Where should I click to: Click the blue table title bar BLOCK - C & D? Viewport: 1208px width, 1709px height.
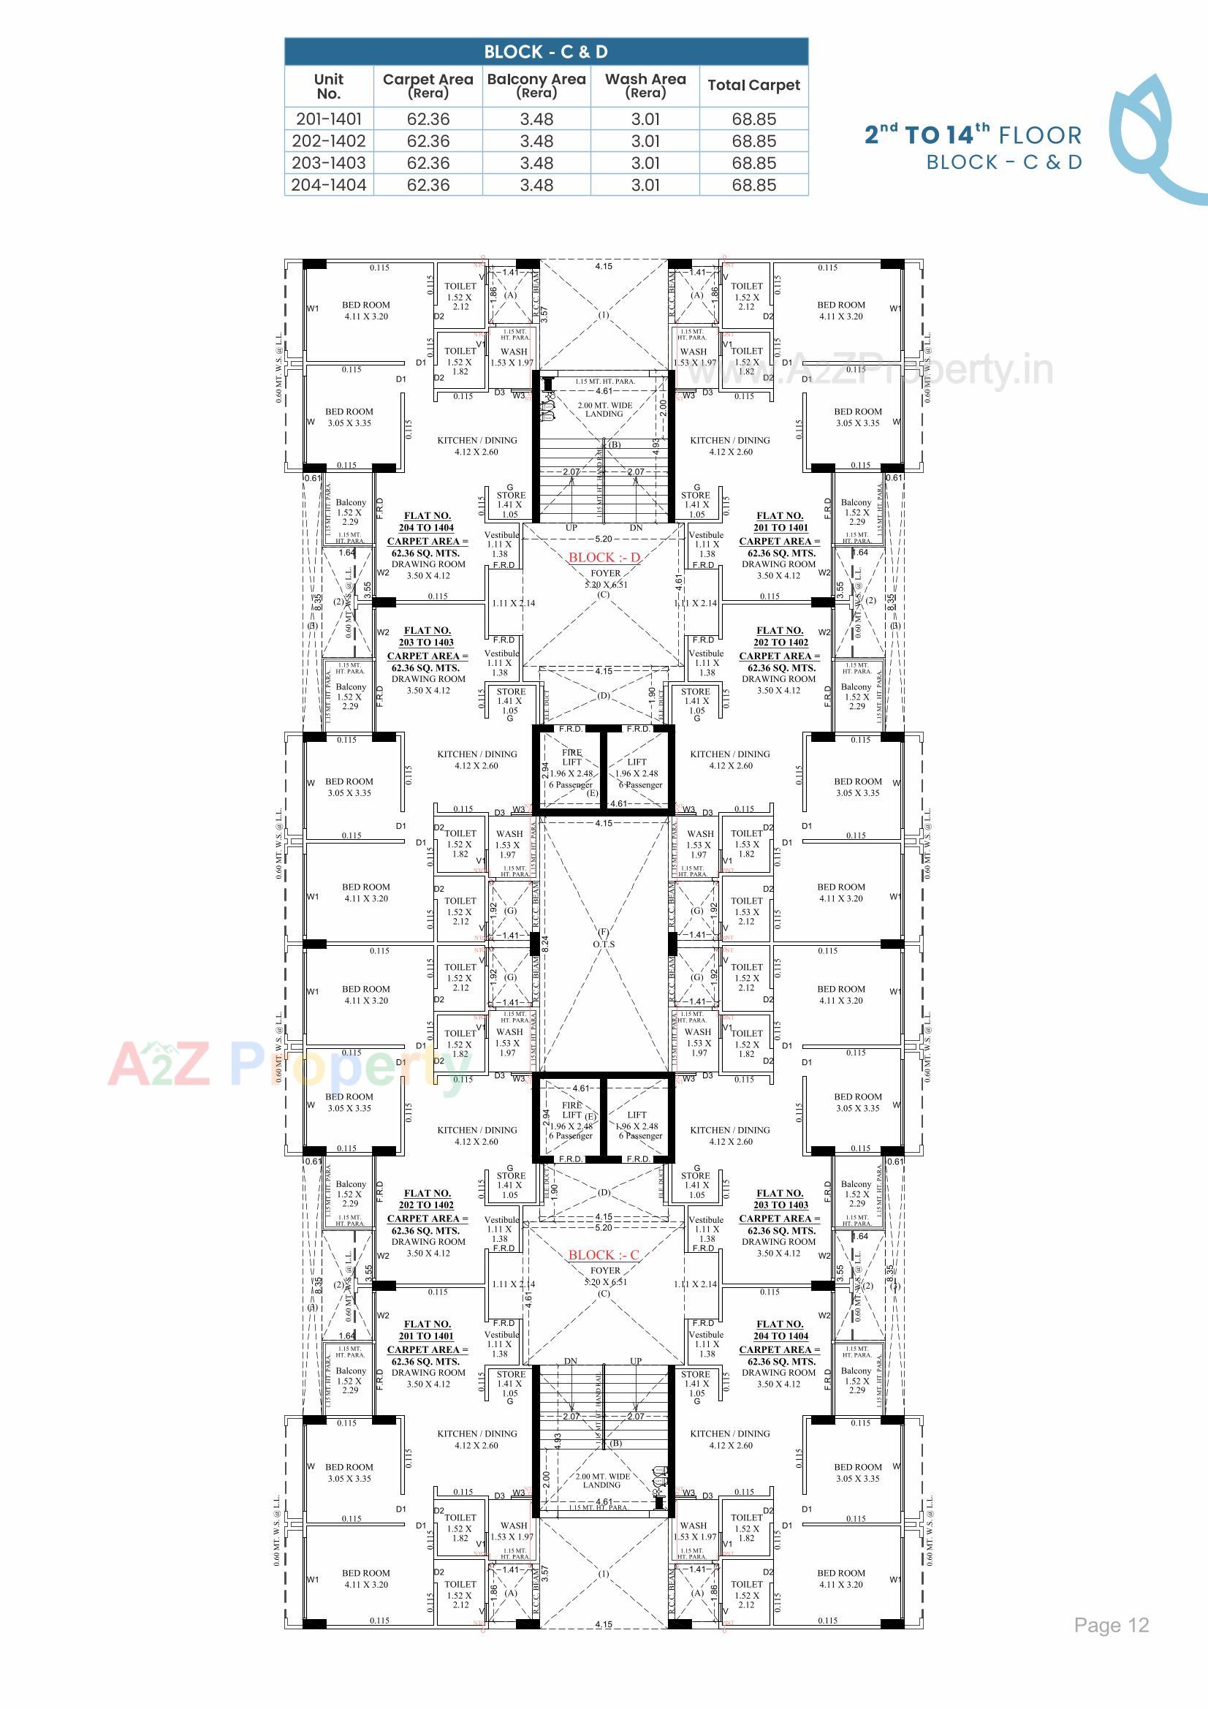point(546,52)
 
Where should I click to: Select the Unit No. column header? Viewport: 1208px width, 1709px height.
point(328,86)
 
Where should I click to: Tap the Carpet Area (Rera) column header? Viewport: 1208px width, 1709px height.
point(428,86)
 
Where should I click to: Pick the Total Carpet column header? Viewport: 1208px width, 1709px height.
point(753,86)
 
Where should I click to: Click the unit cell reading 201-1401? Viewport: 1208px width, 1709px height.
point(328,119)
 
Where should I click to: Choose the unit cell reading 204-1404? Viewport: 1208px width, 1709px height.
point(328,186)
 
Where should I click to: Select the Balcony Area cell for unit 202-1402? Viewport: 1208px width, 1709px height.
point(536,141)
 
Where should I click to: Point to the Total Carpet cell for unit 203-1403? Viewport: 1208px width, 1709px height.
point(753,163)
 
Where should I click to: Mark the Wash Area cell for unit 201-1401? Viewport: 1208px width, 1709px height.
point(645,119)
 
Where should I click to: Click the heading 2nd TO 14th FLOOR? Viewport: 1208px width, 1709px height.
point(972,134)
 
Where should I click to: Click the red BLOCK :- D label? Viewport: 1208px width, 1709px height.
point(604,558)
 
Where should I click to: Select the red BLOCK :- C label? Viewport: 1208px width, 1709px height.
point(603,1255)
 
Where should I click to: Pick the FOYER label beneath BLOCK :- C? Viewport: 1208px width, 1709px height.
point(605,1271)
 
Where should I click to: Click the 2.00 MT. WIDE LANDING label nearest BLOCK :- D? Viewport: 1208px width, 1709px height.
point(604,410)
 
